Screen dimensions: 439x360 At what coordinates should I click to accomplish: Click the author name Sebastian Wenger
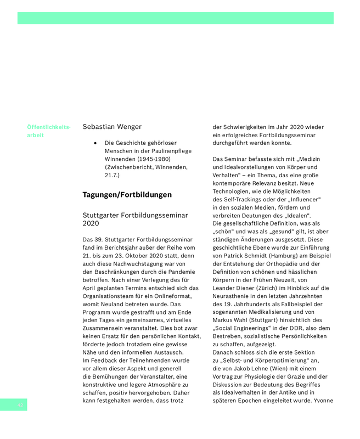pos(112,127)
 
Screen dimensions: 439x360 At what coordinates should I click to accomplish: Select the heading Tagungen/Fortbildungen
pos(127,195)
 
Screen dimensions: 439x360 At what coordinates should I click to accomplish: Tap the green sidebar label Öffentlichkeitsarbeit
pos(48,131)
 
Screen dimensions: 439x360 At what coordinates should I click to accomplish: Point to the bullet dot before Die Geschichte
pos(95,143)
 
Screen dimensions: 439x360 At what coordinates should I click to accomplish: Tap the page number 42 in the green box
pos(20,405)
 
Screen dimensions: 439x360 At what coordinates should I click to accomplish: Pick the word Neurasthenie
pos(236,296)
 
